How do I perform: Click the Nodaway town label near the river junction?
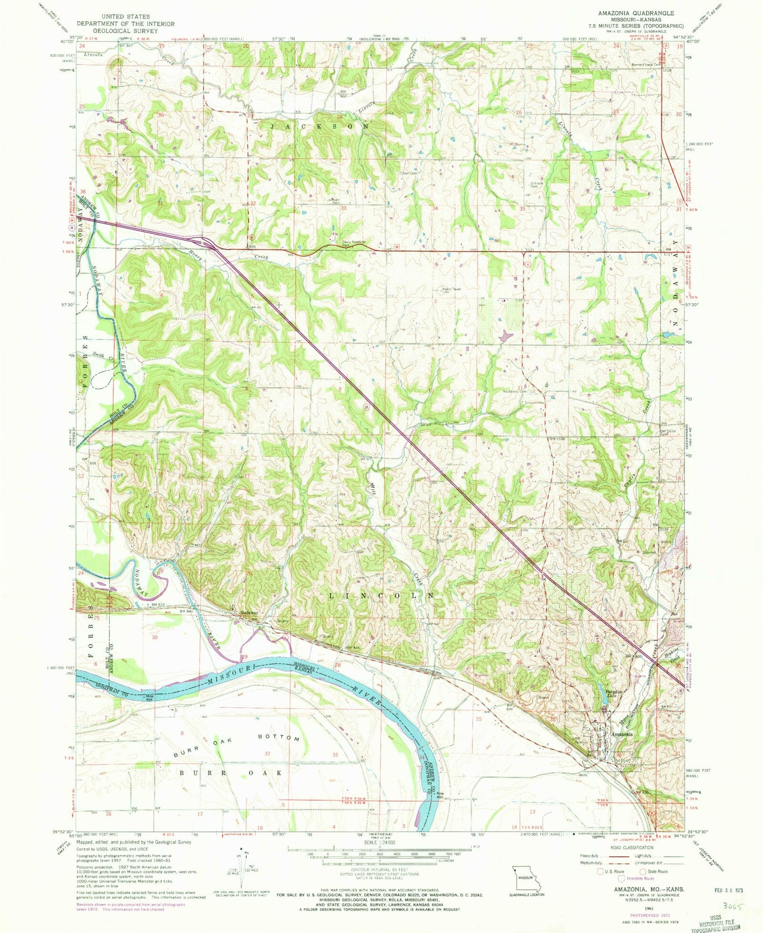coord(249,613)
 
